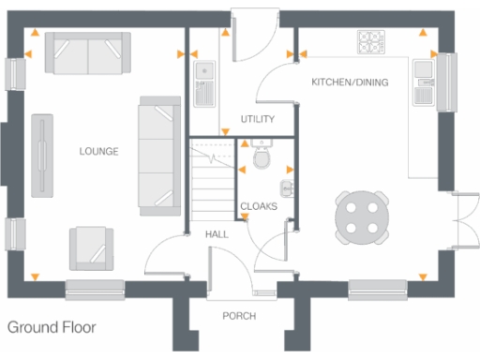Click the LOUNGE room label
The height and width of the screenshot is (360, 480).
pos(98,151)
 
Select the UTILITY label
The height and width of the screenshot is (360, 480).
pos(256,120)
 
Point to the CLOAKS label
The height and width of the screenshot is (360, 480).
pos(258,206)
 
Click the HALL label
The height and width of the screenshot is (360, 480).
pos(217,234)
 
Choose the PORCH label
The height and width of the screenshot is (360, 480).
pos(239,316)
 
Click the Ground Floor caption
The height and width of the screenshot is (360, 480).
pos(52,329)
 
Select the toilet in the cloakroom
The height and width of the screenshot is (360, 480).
pos(262,160)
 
